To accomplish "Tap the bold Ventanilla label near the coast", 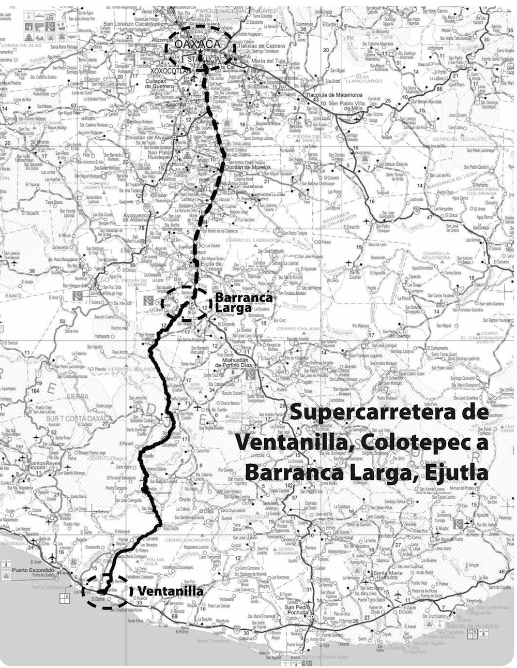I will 171,590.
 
